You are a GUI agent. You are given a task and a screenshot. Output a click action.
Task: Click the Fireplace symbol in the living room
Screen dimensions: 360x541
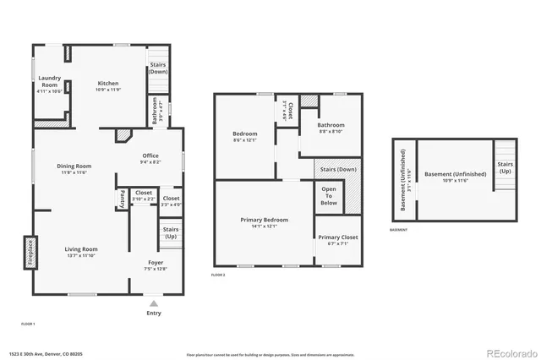27,251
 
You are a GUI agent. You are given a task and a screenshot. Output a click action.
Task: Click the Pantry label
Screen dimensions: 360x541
123,199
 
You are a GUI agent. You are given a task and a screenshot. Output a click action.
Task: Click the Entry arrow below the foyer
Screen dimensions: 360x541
153,302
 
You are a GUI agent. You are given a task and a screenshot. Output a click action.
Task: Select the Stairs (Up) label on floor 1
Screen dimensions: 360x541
170,232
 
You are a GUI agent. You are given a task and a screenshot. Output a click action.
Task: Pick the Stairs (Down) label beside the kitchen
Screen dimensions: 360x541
158,68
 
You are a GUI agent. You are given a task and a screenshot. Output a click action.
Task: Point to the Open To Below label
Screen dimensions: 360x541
329,196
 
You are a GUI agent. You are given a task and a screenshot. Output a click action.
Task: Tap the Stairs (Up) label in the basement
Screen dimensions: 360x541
505,167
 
